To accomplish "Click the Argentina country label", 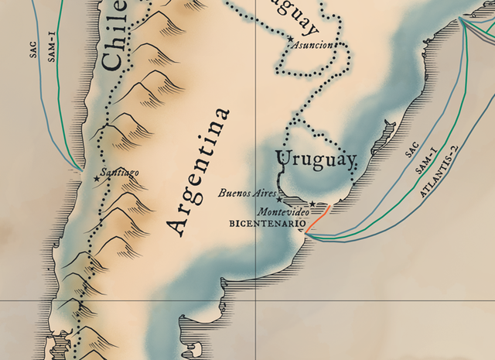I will [200, 171].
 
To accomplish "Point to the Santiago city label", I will [121, 172].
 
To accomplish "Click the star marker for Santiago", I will [96, 179].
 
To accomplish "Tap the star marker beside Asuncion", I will [291, 39].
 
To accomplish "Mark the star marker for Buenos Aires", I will [278, 199].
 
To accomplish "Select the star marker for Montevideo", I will [312, 204].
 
